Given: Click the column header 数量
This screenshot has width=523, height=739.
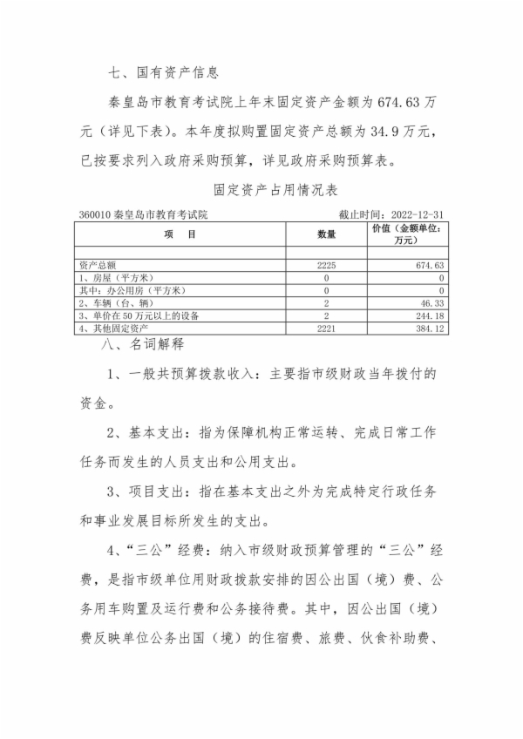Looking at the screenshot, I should (326, 234).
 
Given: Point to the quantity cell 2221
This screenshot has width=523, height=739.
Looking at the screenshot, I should (326, 329).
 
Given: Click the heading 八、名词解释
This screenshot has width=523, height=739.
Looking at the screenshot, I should (143, 345).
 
